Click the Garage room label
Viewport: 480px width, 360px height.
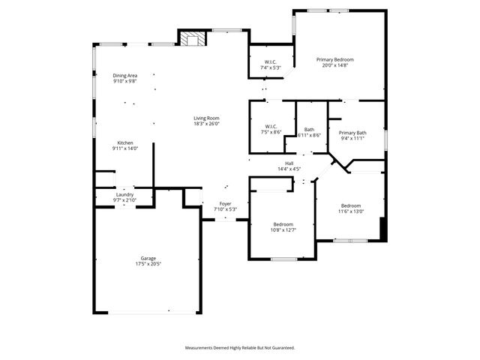[147, 258]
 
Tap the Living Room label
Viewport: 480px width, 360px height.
[206, 118]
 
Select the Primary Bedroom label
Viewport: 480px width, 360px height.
[334, 59]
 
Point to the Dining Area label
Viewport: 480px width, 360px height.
[125, 76]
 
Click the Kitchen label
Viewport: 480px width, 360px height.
[124, 142]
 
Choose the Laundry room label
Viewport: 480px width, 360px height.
[124, 195]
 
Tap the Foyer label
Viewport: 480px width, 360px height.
[225, 203]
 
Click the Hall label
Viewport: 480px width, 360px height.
[289, 163]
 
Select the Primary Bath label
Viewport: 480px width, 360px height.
[352, 132]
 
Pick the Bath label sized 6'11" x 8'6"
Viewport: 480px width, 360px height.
[309, 130]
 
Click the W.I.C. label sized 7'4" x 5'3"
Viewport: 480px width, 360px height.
[271, 61]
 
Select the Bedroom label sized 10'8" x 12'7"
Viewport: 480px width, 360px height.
[283, 224]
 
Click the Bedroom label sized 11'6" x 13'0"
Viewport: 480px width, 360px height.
[351, 205]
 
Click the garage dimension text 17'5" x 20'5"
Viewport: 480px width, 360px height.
[147, 264]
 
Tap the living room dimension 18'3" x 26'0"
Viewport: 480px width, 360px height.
[206, 124]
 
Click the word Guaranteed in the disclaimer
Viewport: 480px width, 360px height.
[282, 348]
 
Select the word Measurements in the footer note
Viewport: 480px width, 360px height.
[201, 348]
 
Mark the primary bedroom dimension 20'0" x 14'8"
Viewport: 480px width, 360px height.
[334, 65]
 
